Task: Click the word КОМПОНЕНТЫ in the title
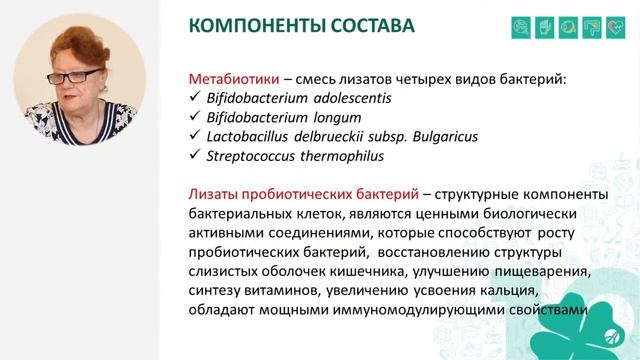click(x=256, y=26)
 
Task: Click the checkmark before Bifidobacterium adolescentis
click(x=195, y=99)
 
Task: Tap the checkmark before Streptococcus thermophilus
click(x=195, y=156)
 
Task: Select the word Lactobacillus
click(x=246, y=137)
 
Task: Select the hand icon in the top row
click(x=546, y=26)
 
